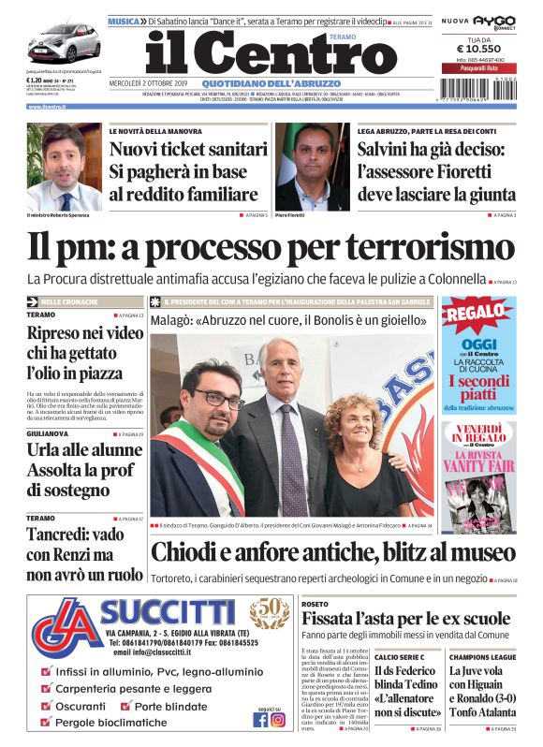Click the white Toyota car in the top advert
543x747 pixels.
(63, 42)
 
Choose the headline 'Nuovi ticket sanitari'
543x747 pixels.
(188, 149)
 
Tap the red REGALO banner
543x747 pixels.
(477, 315)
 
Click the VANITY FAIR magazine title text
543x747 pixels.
(477, 466)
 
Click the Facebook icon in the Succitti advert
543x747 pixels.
(260, 720)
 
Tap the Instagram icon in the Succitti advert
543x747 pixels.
(278, 720)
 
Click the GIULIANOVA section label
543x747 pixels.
(48, 434)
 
